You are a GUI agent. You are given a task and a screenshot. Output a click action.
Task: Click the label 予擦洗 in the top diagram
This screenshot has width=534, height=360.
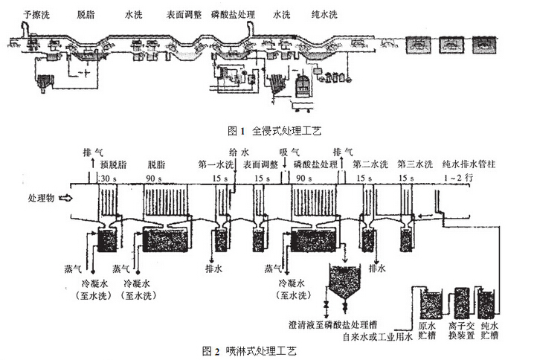click(x=36, y=14)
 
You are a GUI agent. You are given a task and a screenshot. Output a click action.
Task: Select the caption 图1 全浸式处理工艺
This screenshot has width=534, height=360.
click(x=266, y=131)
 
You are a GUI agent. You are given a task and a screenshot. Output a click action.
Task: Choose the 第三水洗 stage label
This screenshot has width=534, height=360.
click(x=414, y=164)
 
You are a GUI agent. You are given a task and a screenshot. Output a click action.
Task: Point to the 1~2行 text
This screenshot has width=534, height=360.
click(x=454, y=179)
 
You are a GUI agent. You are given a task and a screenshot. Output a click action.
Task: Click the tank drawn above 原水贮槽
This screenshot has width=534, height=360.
click(x=431, y=303)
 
